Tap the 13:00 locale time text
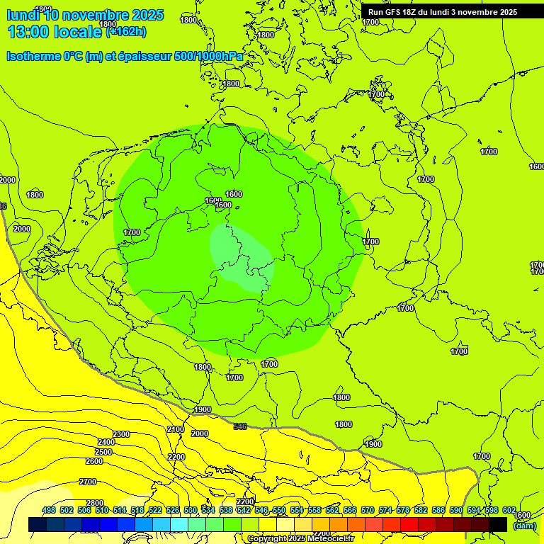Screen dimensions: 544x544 click(x=55, y=31)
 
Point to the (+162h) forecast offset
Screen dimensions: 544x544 click(x=126, y=32)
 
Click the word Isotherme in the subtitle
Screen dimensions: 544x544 click(x=33, y=57)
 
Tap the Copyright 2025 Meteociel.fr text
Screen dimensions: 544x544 click(x=300, y=539)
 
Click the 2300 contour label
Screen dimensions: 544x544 click(x=120, y=434)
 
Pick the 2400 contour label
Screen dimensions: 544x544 click(x=106, y=443)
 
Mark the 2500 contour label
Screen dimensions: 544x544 click(x=103, y=452)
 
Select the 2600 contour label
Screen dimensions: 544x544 click(x=93, y=461)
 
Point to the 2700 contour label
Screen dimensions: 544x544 click(x=88, y=482)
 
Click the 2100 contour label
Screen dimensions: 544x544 click(x=176, y=430)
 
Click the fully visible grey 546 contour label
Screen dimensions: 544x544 click(x=240, y=426)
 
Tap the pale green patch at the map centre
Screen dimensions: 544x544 click(x=241, y=259)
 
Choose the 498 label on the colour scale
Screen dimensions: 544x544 click(x=49, y=510)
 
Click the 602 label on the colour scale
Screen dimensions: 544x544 click(x=509, y=510)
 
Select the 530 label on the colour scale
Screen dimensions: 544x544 click(x=191, y=510)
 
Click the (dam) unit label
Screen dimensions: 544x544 click(x=524, y=526)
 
